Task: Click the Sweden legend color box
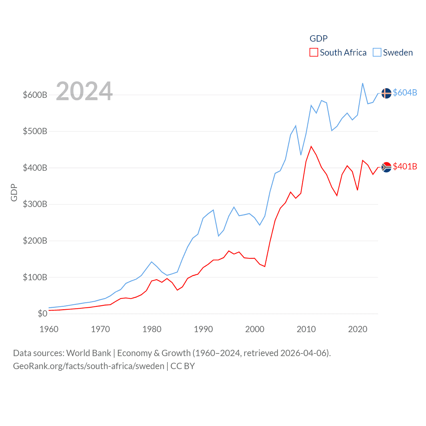377,52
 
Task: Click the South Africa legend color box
314,52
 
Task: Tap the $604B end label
405,93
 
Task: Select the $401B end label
405,166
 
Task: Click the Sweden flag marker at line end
386,93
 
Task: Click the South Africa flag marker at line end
386,167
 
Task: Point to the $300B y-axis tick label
35,204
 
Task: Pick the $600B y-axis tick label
35,95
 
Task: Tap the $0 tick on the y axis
42,314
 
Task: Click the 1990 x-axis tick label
203,329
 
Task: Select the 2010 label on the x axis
306,329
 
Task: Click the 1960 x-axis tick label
49,329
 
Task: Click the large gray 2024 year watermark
84,91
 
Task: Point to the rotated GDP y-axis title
14,192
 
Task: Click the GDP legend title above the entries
319,39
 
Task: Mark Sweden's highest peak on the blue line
362,83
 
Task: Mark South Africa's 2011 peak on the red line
311,146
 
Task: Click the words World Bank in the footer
89,353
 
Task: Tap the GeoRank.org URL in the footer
89,366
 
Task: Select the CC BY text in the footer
182,366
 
